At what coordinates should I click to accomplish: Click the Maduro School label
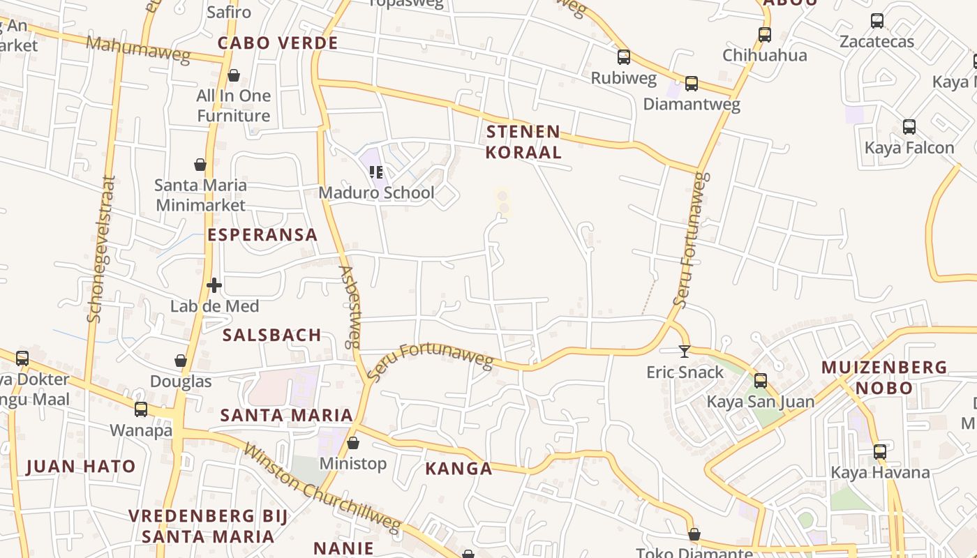(376, 193)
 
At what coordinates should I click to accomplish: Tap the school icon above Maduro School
(376, 172)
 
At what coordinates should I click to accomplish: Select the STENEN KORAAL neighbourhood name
(523, 142)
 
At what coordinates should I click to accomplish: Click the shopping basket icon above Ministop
(353, 443)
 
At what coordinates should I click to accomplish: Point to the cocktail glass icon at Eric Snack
(685, 352)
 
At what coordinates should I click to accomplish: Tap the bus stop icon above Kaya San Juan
(761, 381)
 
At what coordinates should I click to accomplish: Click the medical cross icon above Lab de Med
(214, 285)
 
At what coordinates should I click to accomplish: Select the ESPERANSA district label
(262, 234)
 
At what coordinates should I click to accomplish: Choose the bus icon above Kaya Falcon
(909, 127)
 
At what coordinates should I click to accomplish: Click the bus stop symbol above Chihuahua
(765, 34)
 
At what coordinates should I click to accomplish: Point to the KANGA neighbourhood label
(458, 469)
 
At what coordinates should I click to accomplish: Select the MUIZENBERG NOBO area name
(884, 377)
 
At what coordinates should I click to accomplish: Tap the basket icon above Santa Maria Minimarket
(200, 165)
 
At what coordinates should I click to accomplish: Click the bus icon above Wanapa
(141, 409)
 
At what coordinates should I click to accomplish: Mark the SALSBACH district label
(271, 335)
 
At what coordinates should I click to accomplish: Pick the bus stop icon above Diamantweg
(691, 84)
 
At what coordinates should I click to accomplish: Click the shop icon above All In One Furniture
(234, 75)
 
